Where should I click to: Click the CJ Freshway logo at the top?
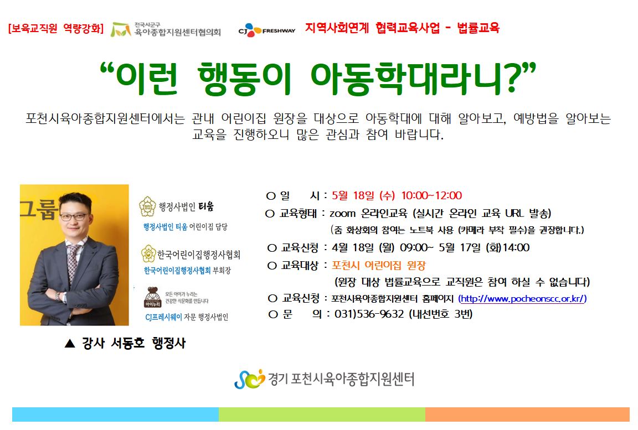pyautogui.click(x=267, y=30)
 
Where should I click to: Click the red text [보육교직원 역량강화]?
pyautogui.click(x=56, y=28)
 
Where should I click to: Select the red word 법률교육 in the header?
pyautogui.click(x=478, y=28)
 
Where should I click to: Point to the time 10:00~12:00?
pyautogui.click(x=432, y=195)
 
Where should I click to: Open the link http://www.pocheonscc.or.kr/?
pyautogui.click(x=522, y=299)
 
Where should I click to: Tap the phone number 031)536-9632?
pyautogui.click(x=369, y=314)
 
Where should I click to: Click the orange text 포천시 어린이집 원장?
pyautogui.click(x=379, y=266)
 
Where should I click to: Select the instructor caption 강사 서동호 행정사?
pyautogui.click(x=134, y=343)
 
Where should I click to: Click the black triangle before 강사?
pyautogui.click(x=70, y=344)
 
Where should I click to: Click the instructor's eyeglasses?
pyautogui.click(x=74, y=216)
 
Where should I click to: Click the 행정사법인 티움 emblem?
pyautogui.click(x=147, y=206)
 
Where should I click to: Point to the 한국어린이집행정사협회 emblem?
pyautogui.click(x=148, y=254)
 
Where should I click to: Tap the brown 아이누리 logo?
pyautogui.click(x=153, y=298)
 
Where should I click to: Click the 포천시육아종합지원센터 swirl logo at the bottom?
pyautogui.click(x=249, y=379)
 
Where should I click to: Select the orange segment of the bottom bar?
pyautogui.click(x=527, y=415)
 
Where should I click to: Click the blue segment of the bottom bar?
pyautogui.click(x=116, y=415)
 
